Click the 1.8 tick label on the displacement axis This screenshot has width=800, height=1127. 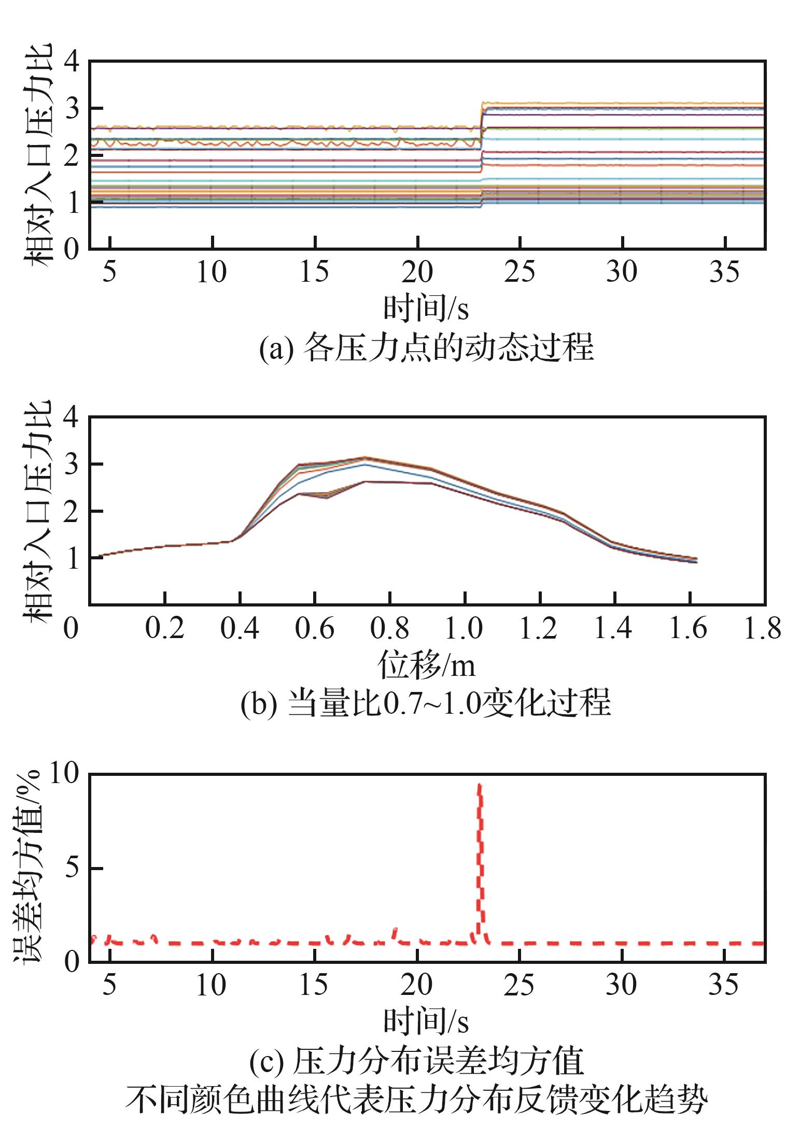(762, 628)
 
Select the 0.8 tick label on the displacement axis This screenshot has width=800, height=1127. (389, 628)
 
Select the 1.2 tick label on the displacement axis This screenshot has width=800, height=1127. (538, 628)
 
